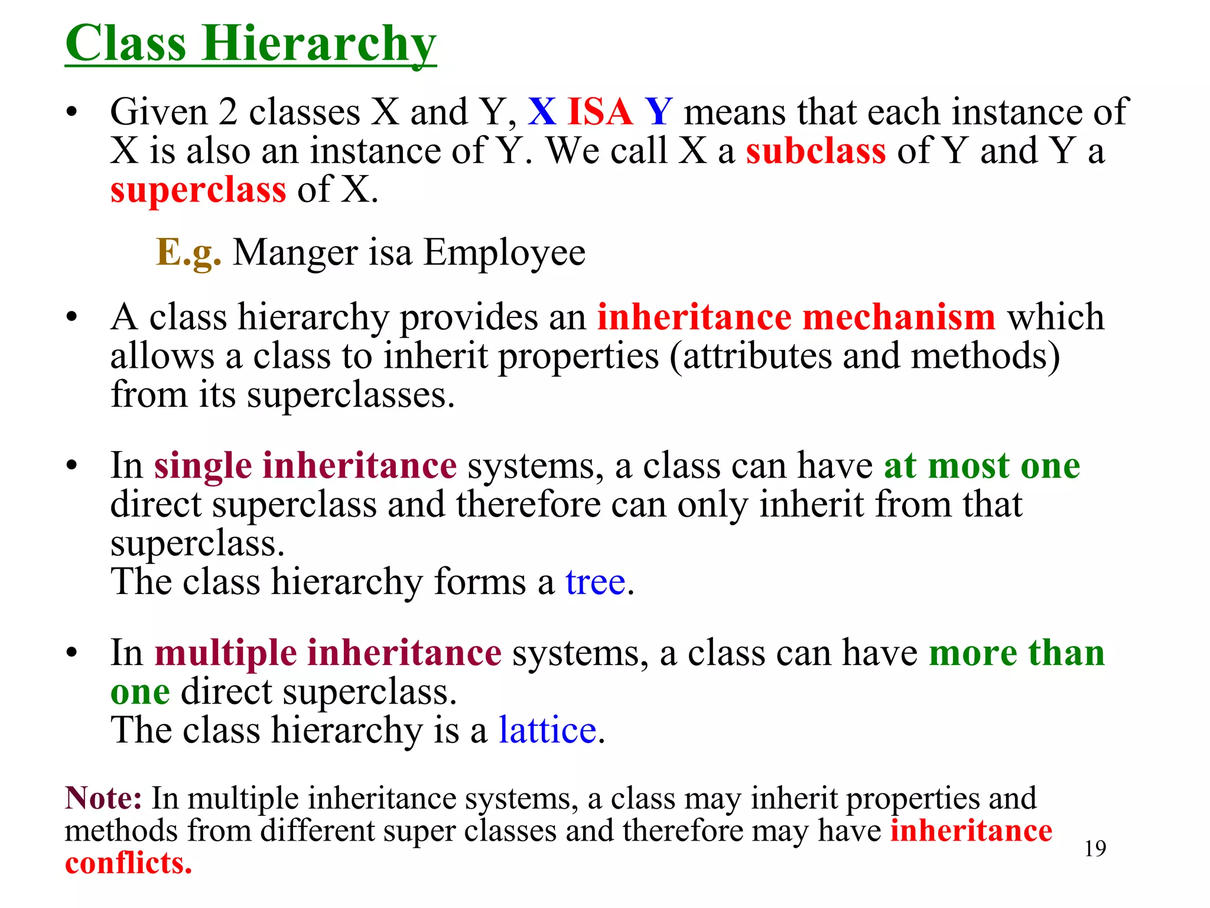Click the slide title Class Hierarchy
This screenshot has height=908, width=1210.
tap(251, 44)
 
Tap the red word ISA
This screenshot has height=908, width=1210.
tap(600, 112)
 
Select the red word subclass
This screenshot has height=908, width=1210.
tap(815, 151)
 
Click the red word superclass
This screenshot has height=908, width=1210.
tap(199, 190)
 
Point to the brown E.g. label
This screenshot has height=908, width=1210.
tap(188, 252)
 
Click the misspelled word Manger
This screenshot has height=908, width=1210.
tap(295, 252)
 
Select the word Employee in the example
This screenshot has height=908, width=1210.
tap(504, 254)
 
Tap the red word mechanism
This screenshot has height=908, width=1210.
tap(899, 317)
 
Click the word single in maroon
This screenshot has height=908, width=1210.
tap(203, 466)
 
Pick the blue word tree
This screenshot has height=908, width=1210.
tap(595, 582)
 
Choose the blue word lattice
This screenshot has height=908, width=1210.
tap(547, 730)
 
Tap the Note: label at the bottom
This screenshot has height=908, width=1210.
tap(103, 798)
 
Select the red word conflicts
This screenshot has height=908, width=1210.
tap(128, 863)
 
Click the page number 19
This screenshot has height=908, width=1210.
tap(1095, 848)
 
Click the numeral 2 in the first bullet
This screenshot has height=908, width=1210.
tap(228, 112)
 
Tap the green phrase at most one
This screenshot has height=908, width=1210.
tap(982, 466)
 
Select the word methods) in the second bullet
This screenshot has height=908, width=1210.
tap(985, 356)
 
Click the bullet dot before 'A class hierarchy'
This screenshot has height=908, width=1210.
tap(72, 318)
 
